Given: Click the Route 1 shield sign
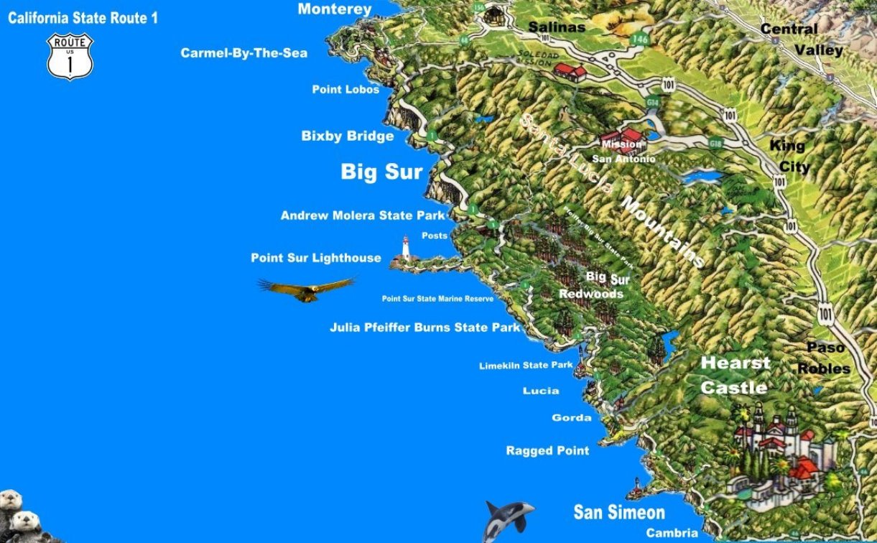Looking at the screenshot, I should click(70, 55).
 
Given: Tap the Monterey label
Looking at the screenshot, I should click(335, 9).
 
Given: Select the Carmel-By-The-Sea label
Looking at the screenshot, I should click(243, 53).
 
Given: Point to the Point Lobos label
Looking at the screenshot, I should click(345, 90).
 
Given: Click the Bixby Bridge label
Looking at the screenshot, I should click(348, 136).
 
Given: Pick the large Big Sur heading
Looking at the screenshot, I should click(381, 172).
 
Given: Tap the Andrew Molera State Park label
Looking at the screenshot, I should click(363, 215).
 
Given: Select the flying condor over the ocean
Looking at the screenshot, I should click(305, 289).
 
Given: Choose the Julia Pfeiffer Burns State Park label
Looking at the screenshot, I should click(424, 328).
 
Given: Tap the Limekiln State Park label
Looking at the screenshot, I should click(526, 366).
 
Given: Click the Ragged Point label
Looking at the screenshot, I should click(547, 451).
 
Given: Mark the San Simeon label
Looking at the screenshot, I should click(618, 513).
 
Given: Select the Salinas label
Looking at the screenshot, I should click(557, 27).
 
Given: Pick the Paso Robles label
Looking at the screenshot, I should click(825, 358).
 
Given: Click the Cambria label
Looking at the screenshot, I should click(672, 533).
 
